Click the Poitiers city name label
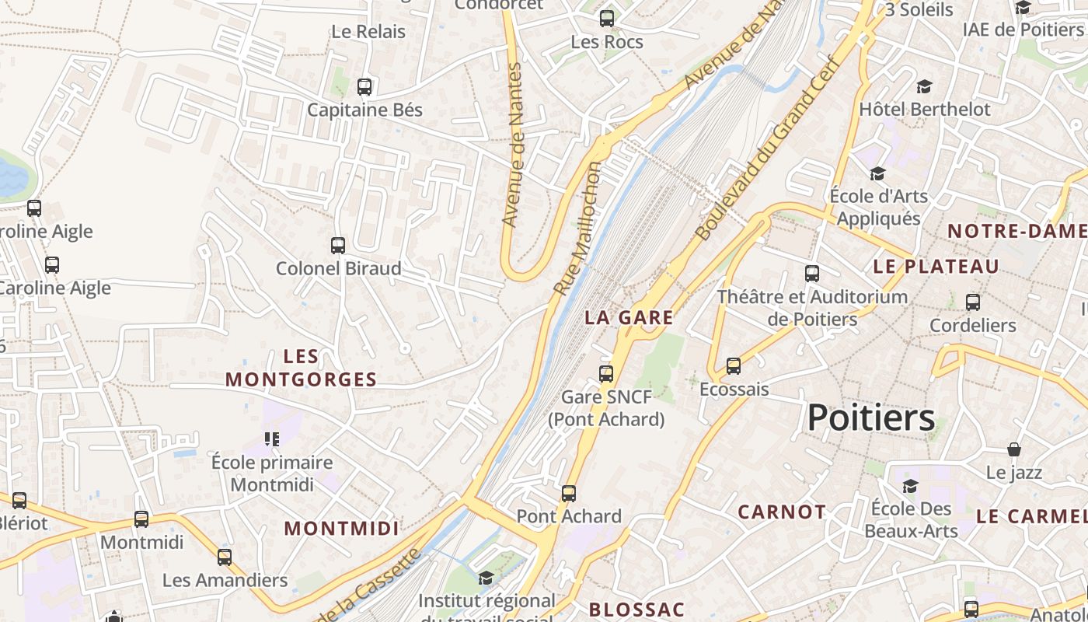[870, 418]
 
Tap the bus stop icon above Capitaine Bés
[364, 87]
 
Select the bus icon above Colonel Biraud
[338, 246]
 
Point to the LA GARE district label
[629, 317]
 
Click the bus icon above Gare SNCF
[606, 374]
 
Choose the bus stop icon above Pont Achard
[569, 494]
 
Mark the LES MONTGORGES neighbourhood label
[301, 368]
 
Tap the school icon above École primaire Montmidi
[271, 439]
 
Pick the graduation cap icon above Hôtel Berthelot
[924, 86]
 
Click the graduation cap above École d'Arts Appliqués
[877, 173]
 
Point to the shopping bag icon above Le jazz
[1014, 449]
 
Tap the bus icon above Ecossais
[733, 366]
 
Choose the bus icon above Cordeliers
[973, 302]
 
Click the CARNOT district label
[782, 512]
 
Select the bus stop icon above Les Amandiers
[225, 557]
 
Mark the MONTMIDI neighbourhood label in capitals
[341, 529]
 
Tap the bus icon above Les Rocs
[607, 19]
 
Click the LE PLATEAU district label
[936, 266]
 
